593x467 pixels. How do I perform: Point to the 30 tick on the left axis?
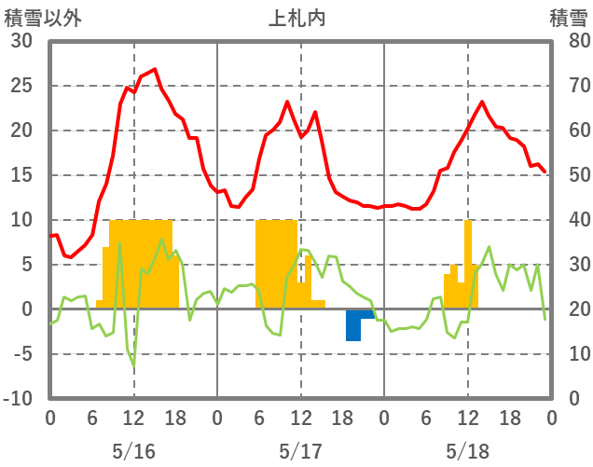coord(21,41)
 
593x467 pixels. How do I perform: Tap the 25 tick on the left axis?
coord(21,86)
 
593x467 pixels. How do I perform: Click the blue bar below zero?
coord(353,325)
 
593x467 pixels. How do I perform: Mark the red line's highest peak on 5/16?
coord(155,69)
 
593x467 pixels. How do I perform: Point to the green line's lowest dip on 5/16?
coord(133,365)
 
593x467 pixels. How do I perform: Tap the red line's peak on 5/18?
coord(482,102)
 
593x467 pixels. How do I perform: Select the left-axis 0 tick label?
coord(27,309)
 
